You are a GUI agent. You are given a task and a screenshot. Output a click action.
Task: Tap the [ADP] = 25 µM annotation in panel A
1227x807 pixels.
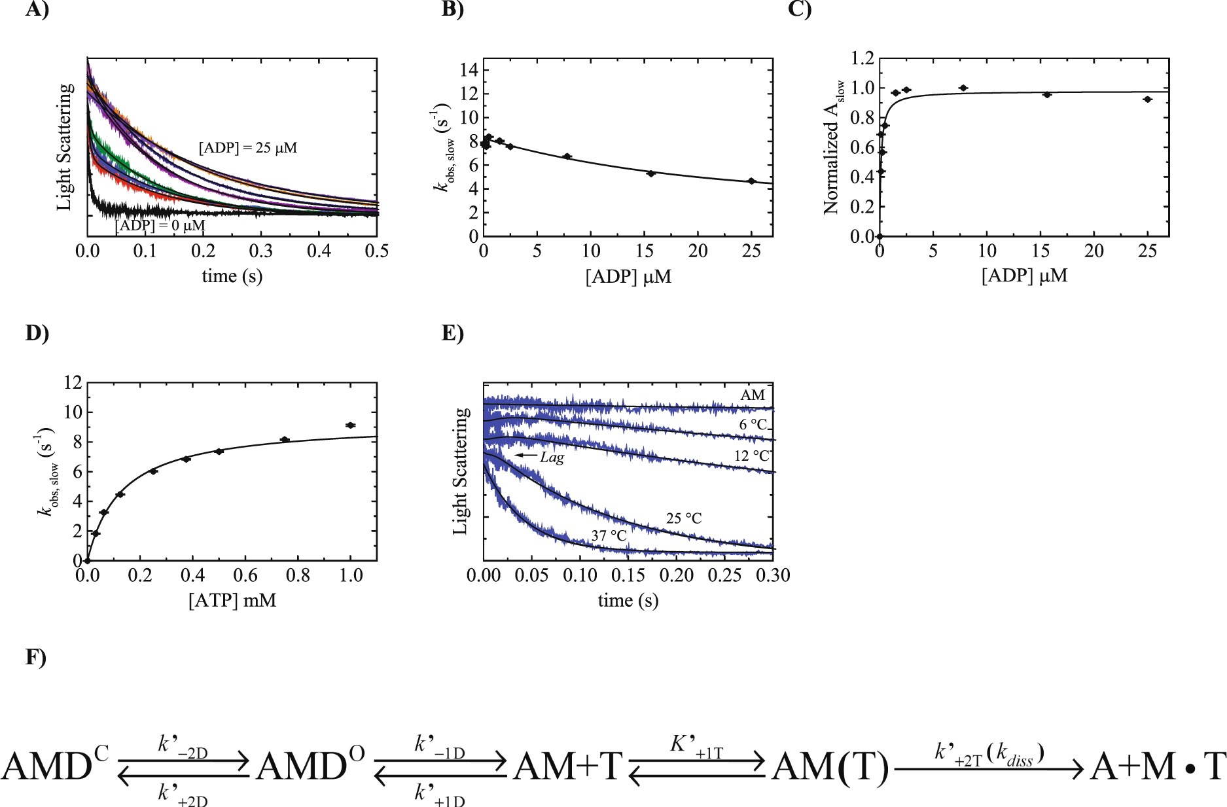[247, 148]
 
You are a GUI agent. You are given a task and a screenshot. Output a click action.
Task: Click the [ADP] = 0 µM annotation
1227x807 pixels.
[160, 226]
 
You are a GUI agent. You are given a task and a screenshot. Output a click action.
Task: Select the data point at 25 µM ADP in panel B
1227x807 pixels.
[751, 181]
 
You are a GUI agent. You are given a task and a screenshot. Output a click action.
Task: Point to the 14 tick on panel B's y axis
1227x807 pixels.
[470, 70]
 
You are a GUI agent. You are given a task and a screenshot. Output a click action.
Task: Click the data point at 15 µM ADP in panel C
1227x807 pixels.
[1046, 95]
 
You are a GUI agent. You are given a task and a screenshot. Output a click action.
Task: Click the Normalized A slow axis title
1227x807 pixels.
[833, 148]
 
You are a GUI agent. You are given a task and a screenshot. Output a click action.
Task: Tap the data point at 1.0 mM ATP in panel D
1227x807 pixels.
[350, 425]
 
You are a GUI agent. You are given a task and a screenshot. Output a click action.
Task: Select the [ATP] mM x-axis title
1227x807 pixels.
[232, 600]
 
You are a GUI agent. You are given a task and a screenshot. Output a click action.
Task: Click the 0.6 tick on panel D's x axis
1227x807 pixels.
[245, 575]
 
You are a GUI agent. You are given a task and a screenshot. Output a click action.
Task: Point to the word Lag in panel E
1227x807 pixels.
[552, 457]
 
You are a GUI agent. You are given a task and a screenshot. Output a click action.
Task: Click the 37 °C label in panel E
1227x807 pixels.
[609, 536]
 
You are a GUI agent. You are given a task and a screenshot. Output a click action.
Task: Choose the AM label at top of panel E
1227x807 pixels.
[753, 395]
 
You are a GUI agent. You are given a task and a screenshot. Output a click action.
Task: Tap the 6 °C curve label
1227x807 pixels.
[753, 425]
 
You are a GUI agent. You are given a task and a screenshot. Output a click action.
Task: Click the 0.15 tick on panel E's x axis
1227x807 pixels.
[628, 575]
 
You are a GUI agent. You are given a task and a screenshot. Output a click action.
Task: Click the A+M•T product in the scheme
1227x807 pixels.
[1157, 766]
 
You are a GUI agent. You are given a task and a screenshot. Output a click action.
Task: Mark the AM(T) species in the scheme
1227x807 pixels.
[830, 766]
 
